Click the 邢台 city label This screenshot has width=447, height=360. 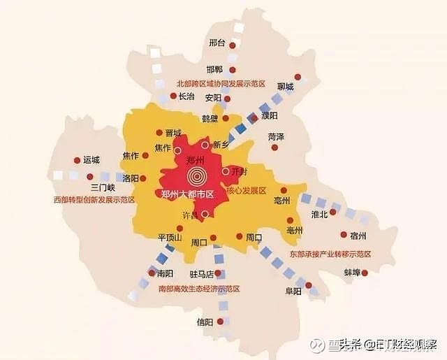coord(217,43)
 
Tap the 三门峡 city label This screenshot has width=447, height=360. coord(103,188)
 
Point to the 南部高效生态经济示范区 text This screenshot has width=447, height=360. coord(199,288)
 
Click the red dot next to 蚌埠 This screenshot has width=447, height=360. coord(365,272)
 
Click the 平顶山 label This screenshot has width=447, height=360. coord(170,238)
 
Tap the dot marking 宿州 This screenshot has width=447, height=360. coord(343,235)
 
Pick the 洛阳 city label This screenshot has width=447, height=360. coord(131,178)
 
